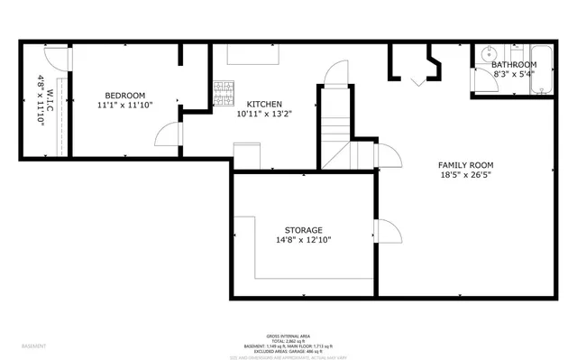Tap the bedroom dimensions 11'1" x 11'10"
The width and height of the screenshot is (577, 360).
[x=124, y=106]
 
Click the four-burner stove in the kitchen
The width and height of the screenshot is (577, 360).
[x=222, y=90]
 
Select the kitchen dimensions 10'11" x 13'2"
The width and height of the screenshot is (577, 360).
[x=265, y=115]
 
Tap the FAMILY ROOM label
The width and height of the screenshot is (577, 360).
[x=465, y=165]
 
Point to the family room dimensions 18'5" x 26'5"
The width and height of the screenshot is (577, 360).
[x=465, y=176]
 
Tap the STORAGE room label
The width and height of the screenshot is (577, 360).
[x=303, y=230]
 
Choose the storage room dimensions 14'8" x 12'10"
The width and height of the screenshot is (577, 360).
[x=303, y=241]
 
